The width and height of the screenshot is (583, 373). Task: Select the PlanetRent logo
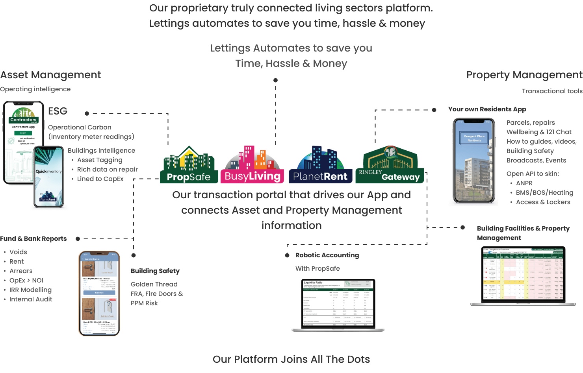pos(320,165)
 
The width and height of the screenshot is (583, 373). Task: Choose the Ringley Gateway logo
pos(390,165)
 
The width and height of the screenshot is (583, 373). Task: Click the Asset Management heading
pos(50,75)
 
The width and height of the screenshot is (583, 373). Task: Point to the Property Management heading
pos(524,75)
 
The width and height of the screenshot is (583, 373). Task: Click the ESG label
pos(58,111)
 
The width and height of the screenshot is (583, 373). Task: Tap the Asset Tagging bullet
pos(100,160)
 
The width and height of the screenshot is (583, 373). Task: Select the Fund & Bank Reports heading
pos(33,239)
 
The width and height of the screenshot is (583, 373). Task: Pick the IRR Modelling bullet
pos(30,290)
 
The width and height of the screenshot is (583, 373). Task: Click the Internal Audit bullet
pos(31,299)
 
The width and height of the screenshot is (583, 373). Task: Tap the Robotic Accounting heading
pos(327,255)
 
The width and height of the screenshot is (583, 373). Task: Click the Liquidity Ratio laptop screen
pos(338,303)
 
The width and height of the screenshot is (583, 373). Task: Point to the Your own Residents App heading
pos(487,109)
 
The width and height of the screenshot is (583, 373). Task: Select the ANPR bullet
pos(524,183)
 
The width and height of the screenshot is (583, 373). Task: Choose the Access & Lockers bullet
pos(543,202)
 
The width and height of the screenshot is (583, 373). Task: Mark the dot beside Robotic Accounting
pos(287,255)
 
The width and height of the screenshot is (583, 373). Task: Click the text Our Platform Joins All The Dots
pos(291,359)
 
